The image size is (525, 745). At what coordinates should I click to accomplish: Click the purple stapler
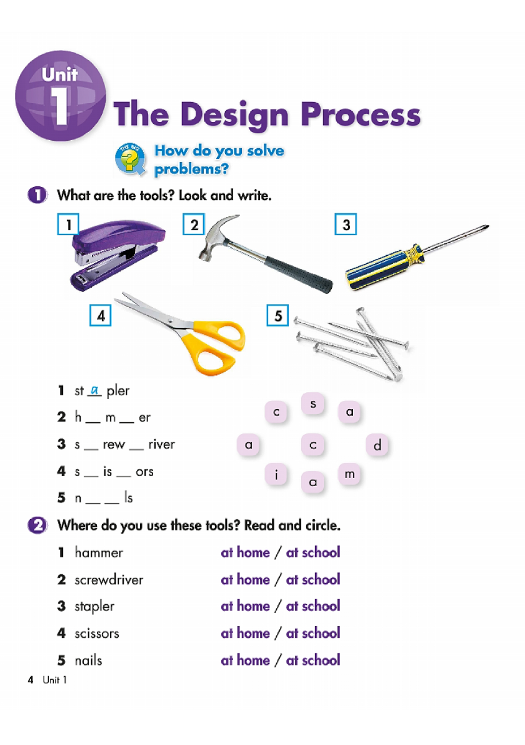click(x=119, y=253)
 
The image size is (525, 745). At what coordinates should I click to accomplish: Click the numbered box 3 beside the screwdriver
click(x=346, y=225)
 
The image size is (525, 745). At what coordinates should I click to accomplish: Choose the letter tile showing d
click(x=377, y=446)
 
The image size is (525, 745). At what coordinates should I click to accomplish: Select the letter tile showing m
click(x=349, y=475)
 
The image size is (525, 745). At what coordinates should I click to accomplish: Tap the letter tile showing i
click(x=276, y=475)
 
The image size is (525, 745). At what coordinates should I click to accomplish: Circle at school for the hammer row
click(x=313, y=552)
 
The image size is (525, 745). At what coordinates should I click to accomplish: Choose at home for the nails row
click(x=245, y=660)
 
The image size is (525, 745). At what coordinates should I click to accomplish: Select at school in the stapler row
click(x=313, y=606)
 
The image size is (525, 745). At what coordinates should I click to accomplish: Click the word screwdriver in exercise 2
click(x=109, y=580)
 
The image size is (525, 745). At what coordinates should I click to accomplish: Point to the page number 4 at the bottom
click(x=30, y=680)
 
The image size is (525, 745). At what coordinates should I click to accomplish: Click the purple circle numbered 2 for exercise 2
click(x=37, y=525)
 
